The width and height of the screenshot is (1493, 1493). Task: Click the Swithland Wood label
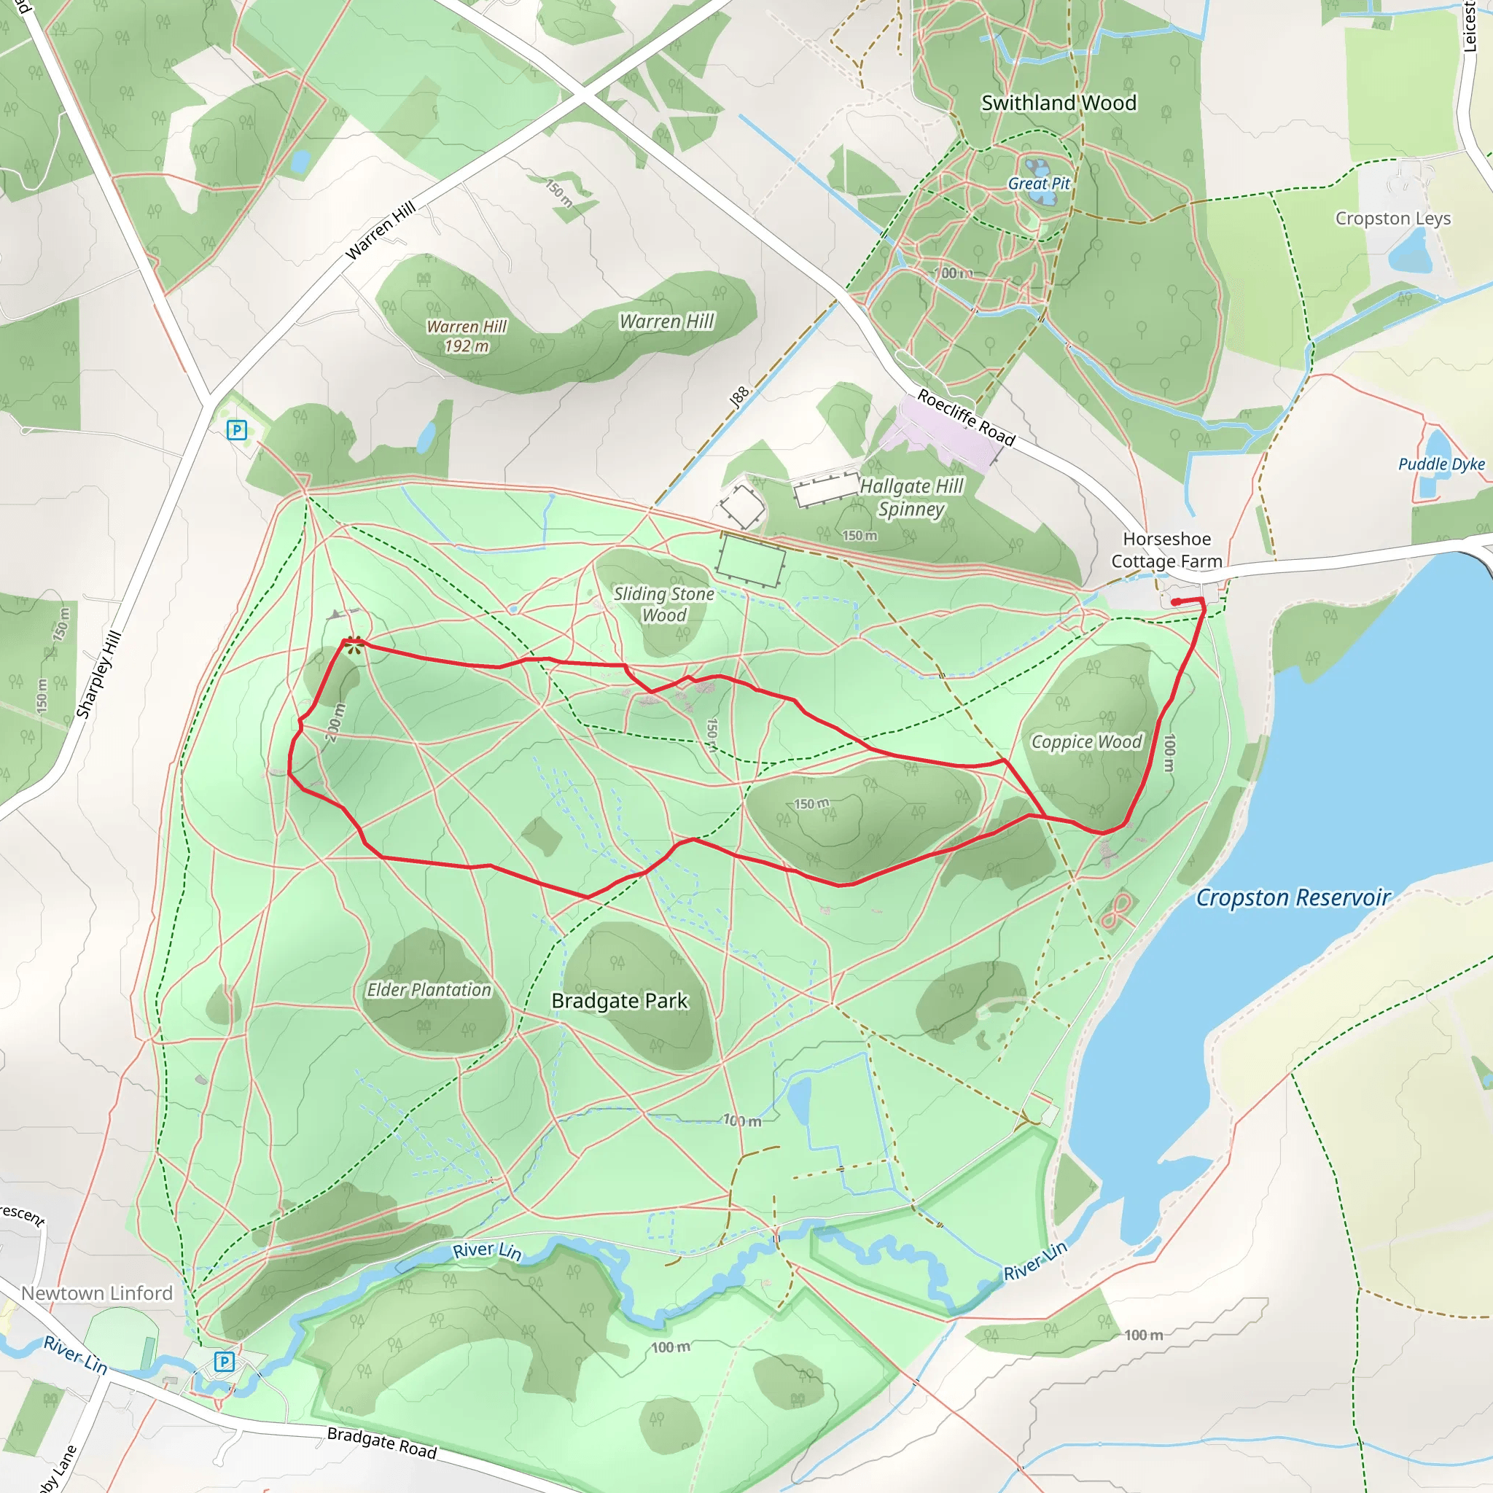click(1059, 103)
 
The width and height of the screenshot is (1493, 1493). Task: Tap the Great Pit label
click(1039, 184)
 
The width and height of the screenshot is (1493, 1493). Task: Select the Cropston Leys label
click(1392, 219)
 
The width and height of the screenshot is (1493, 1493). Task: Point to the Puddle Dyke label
click(1441, 464)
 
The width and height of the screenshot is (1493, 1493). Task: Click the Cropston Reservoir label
click(1293, 898)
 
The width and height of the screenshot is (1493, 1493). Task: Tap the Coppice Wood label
click(1086, 742)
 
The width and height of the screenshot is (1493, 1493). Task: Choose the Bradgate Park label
click(619, 1001)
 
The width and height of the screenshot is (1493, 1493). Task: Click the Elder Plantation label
click(429, 990)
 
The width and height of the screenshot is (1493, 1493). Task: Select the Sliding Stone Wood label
click(664, 604)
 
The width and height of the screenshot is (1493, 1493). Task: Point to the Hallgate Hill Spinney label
click(912, 498)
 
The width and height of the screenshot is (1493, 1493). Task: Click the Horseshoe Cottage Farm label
click(1167, 550)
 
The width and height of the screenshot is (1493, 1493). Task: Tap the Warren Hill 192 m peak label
click(467, 336)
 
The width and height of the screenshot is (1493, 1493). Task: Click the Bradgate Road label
click(382, 1443)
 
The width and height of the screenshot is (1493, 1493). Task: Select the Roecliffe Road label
click(966, 418)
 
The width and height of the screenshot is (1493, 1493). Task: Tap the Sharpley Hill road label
click(99, 674)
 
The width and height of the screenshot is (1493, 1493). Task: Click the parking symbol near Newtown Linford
click(224, 1362)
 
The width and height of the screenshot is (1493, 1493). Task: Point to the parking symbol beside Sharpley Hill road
click(236, 430)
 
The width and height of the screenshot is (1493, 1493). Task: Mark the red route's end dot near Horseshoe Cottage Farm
click(1175, 602)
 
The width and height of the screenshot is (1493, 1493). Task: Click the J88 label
click(739, 397)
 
